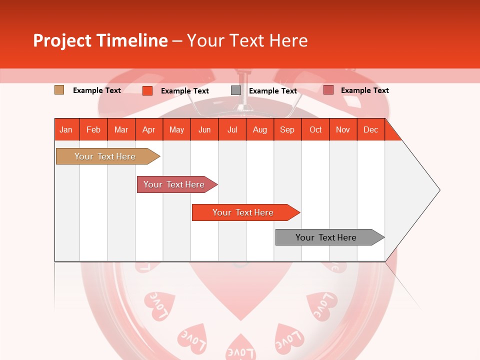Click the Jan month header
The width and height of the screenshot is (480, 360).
click(x=66, y=129)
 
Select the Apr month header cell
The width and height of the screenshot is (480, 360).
click(x=149, y=129)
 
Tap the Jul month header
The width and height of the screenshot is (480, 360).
click(x=232, y=129)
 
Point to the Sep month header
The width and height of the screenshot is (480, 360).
click(x=287, y=129)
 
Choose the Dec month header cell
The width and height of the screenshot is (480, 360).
click(x=370, y=129)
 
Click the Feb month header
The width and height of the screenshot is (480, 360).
click(x=93, y=129)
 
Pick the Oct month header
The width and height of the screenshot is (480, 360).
click(x=315, y=129)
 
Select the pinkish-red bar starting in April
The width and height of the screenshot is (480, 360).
click(x=175, y=184)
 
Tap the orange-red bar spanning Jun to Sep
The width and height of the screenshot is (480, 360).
click(x=243, y=212)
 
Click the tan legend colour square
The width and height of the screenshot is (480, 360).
click(x=59, y=90)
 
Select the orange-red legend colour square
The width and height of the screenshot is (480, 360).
click(x=147, y=90)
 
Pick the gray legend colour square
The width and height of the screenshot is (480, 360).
click(x=236, y=90)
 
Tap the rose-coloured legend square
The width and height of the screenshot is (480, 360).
click(x=328, y=90)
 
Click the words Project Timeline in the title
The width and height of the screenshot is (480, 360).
click(x=100, y=40)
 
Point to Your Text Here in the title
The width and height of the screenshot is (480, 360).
click(x=247, y=40)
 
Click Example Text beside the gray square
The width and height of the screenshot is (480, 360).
click(x=272, y=91)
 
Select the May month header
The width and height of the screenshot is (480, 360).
click(x=176, y=129)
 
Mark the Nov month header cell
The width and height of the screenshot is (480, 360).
click(x=343, y=129)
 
